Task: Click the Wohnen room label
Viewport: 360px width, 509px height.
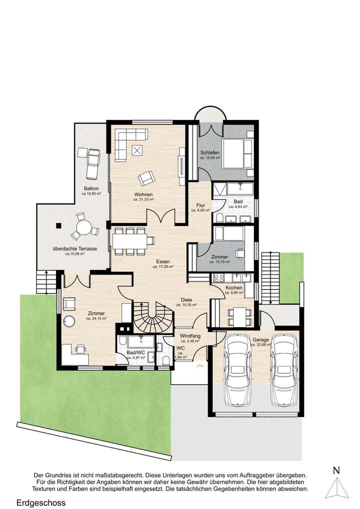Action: (143, 194)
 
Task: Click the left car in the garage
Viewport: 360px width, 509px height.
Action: (237, 370)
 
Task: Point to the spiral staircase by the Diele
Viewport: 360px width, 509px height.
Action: (151, 317)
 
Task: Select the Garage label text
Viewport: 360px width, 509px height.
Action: (260, 340)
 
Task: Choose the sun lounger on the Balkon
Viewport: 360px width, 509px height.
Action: (92, 161)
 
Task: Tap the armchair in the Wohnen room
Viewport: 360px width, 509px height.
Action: (146, 177)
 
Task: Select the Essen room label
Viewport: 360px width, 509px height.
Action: (162, 261)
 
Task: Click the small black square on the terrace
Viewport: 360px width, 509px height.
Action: (59, 225)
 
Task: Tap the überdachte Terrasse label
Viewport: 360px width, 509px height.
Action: (75, 248)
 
